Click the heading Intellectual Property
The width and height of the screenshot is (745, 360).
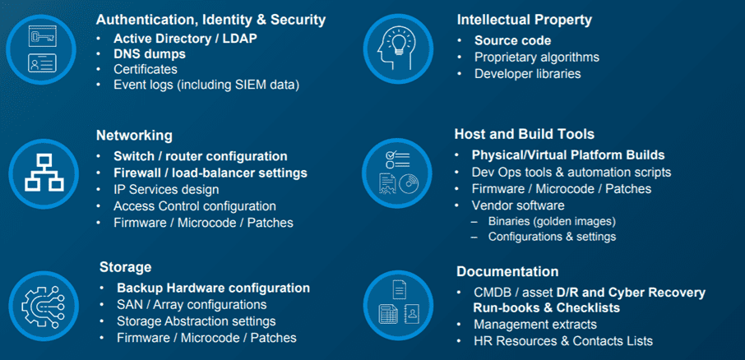pyautogui.click(x=524, y=20)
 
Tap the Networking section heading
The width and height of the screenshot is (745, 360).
pyautogui.click(x=135, y=136)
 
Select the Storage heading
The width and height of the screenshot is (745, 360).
pyautogui.click(x=126, y=267)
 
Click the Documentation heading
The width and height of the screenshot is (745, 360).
pyautogui.click(x=507, y=272)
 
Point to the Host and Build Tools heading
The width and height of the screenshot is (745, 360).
pyautogui.click(x=525, y=135)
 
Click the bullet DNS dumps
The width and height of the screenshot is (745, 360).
pyautogui.click(x=150, y=54)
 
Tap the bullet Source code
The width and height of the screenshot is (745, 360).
pyautogui.click(x=512, y=41)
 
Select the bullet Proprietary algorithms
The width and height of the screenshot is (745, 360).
pyautogui.click(x=537, y=58)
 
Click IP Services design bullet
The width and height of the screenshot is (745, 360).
pyautogui.click(x=166, y=190)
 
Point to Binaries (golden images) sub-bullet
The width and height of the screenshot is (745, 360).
pyautogui.click(x=552, y=221)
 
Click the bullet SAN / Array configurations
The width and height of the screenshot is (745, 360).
pyautogui.click(x=192, y=304)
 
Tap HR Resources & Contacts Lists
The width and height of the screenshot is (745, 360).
pyautogui.click(x=563, y=341)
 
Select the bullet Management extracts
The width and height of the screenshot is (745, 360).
pyautogui.click(x=535, y=325)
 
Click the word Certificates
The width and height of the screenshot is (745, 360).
pyautogui.click(x=146, y=69)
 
